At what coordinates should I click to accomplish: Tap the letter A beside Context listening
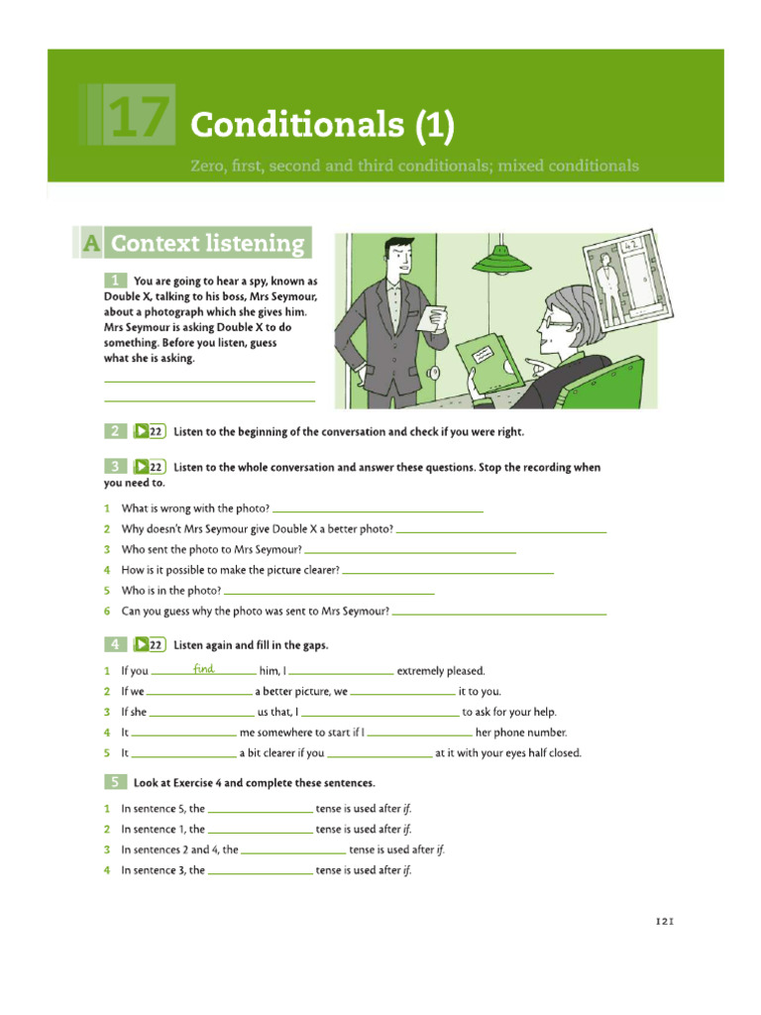click(x=89, y=244)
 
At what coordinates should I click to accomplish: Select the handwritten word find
click(x=204, y=669)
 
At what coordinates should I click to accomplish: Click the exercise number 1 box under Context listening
click(x=115, y=281)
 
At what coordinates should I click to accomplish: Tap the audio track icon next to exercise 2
click(x=149, y=431)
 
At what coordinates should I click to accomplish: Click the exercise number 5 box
click(x=115, y=782)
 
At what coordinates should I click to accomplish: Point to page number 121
click(x=664, y=921)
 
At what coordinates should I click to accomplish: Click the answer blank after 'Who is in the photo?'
click(x=330, y=591)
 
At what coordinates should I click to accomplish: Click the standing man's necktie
click(x=397, y=287)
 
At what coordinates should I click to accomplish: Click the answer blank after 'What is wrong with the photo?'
click(x=378, y=508)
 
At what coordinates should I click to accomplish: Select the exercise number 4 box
click(x=115, y=645)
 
